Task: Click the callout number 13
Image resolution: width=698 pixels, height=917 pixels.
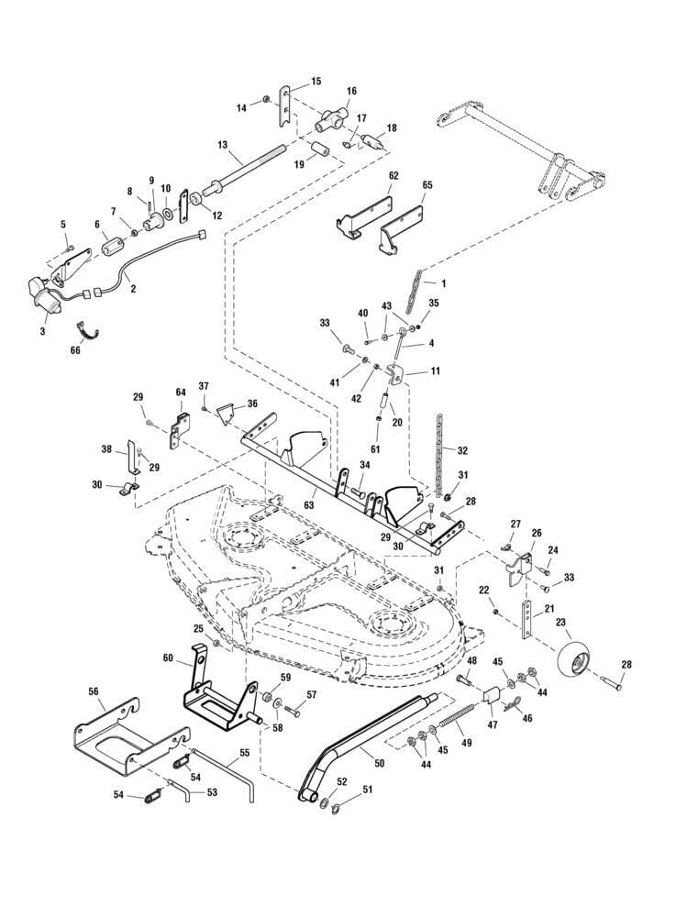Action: (x=223, y=145)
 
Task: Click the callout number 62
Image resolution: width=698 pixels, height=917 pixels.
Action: (x=393, y=175)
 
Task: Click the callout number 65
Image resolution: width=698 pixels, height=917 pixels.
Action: (x=427, y=184)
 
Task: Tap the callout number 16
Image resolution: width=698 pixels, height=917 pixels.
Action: (x=351, y=92)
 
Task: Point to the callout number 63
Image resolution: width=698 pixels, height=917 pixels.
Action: (x=309, y=503)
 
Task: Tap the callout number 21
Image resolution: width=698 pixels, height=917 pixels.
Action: (x=549, y=609)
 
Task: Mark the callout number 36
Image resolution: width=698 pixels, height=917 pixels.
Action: (x=252, y=403)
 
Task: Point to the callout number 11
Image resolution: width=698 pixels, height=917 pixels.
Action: (x=435, y=371)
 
